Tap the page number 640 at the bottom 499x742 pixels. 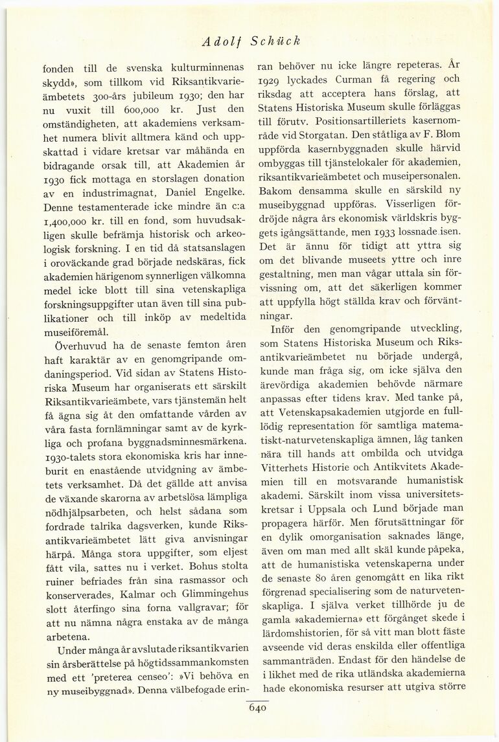(257, 708)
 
